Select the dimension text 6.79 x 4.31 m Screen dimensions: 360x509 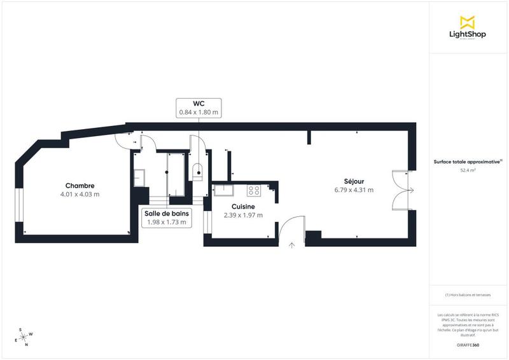[x=354, y=190]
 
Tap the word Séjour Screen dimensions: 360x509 [x=354, y=181]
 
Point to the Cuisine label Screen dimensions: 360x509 [x=243, y=207]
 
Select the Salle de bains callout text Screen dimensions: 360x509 [x=165, y=214]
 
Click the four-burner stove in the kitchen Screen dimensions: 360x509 [x=254, y=190]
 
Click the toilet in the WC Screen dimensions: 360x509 [x=198, y=170]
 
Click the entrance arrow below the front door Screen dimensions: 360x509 [x=292, y=244]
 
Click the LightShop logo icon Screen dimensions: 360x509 [x=468, y=22]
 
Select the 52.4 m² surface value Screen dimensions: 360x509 [x=468, y=170]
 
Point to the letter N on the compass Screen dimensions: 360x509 [x=26, y=345]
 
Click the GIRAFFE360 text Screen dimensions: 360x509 [x=468, y=343]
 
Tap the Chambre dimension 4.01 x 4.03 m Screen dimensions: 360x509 [x=80, y=194]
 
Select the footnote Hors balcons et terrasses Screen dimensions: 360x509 [x=468, y=295]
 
